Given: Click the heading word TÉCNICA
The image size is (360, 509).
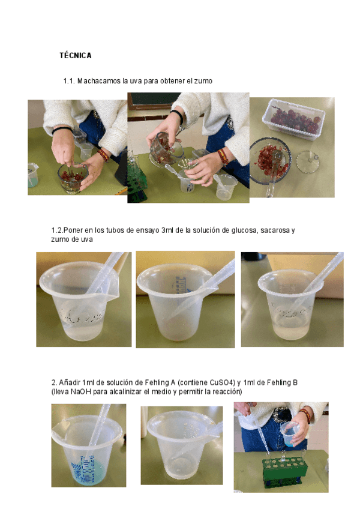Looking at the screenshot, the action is point(76,55).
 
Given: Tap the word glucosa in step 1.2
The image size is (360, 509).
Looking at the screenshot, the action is point(244,230).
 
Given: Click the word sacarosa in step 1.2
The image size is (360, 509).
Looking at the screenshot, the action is point(275,230).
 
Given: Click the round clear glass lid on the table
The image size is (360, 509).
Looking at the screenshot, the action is point(307,161).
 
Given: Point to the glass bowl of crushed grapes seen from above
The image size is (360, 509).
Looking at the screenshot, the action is point(270,161).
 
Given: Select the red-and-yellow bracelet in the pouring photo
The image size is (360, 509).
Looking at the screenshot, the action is point(223,156).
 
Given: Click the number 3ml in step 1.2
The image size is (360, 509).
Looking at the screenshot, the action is point(167,230).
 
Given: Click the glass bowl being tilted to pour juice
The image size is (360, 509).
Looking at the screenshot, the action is point(166,150).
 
